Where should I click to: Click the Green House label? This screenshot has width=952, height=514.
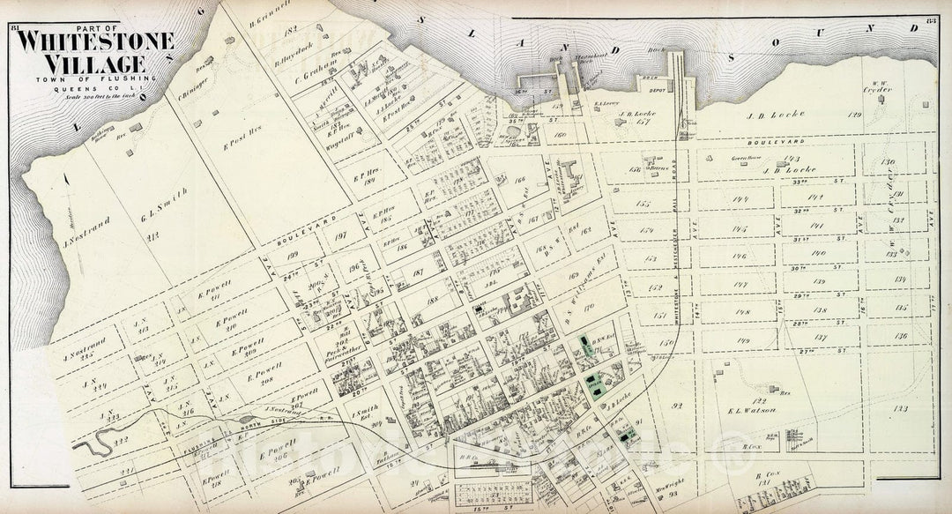pyautogui.click(x=744, y=155)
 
